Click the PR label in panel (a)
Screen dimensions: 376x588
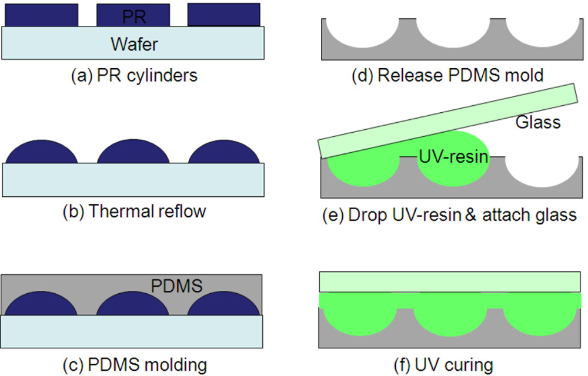(134, 18)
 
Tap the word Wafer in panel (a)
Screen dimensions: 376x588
(134, 43)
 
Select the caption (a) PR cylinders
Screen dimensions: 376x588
(134, 76)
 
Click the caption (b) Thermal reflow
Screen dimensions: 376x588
(134, 211)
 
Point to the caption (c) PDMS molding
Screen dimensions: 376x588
(135, 365)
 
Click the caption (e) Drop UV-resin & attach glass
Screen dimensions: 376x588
(450, 214)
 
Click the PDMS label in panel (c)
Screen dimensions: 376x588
(176, 286)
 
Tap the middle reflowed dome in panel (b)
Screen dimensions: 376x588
(133, 153)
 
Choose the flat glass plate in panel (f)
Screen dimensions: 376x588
(450, 282)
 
